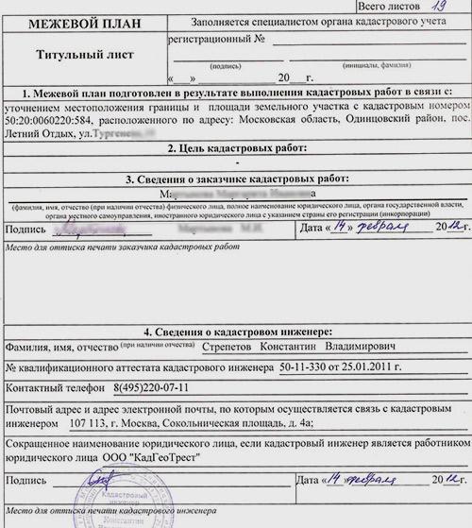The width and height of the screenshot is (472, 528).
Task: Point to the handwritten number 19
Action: point(436,7)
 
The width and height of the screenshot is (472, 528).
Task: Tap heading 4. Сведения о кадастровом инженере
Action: point(237,332)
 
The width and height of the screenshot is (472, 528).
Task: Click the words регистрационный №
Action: point(213,42)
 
